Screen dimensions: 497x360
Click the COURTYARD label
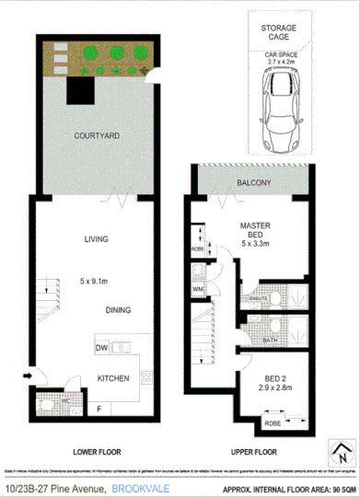pos(97,135)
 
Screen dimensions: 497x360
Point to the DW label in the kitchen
pos(100,347)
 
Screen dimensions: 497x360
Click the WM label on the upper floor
pos(199,289)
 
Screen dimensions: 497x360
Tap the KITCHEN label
pos(113,377)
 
